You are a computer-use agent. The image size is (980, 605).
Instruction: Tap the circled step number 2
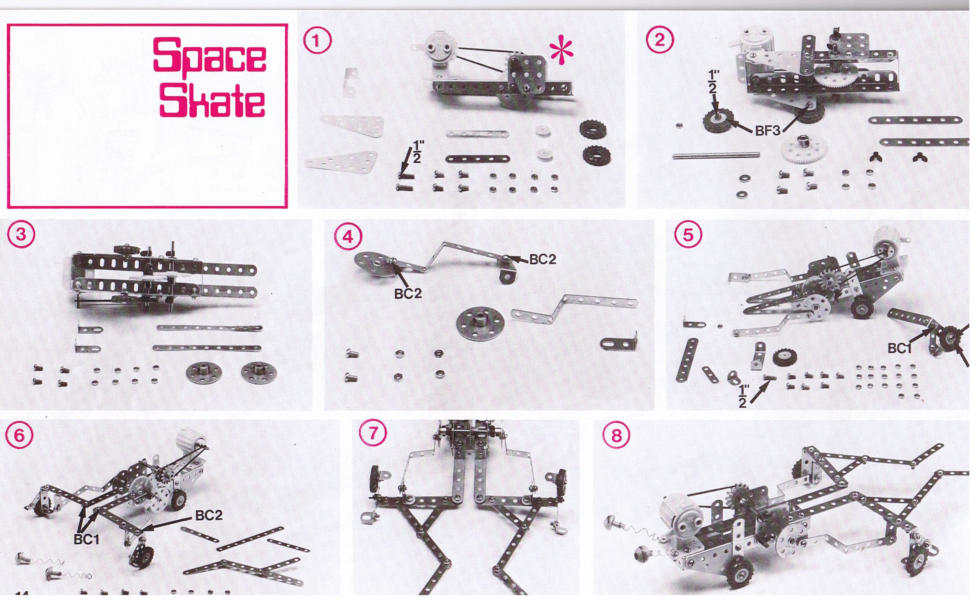[x=659, y=40]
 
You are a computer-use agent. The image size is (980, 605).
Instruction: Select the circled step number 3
[x=21, y=235]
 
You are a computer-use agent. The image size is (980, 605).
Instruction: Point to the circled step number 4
[x=348, y=236]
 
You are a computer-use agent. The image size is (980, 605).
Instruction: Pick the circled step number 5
[x=688, y=235]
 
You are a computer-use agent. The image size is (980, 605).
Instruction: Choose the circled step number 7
[x=372, y=434]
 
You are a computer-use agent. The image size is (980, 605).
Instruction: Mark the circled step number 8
[x=616, y=436]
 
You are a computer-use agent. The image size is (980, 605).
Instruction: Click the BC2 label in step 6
[x=209, y=515]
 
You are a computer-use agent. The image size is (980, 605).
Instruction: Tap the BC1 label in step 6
[x=86, y=540]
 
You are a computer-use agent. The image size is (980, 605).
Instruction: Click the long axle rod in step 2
[x=716, y=155]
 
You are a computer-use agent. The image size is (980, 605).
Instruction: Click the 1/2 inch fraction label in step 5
[x=744, y=396]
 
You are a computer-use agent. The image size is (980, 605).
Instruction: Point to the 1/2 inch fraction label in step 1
[x=417, y=152]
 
